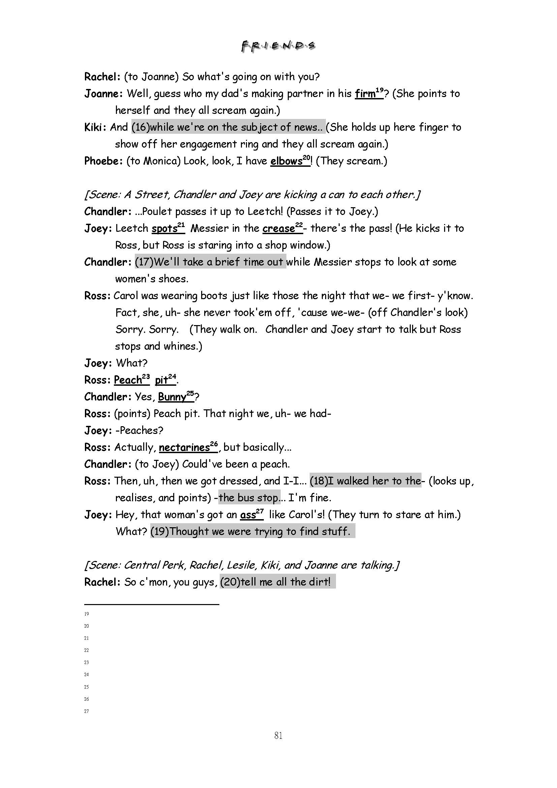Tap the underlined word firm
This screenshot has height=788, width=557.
tap(365, 94)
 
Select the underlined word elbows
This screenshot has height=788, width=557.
tap(286, 161)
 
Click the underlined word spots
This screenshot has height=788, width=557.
tap(164, 228)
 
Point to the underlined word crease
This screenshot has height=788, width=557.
tap(278, 228)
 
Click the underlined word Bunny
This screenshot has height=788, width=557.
tap(172, 397)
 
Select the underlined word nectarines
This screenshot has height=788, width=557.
tap(184, 447)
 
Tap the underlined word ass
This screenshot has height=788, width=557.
tap(248, 515)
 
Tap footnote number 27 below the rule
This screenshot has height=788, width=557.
tap(87, 711)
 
